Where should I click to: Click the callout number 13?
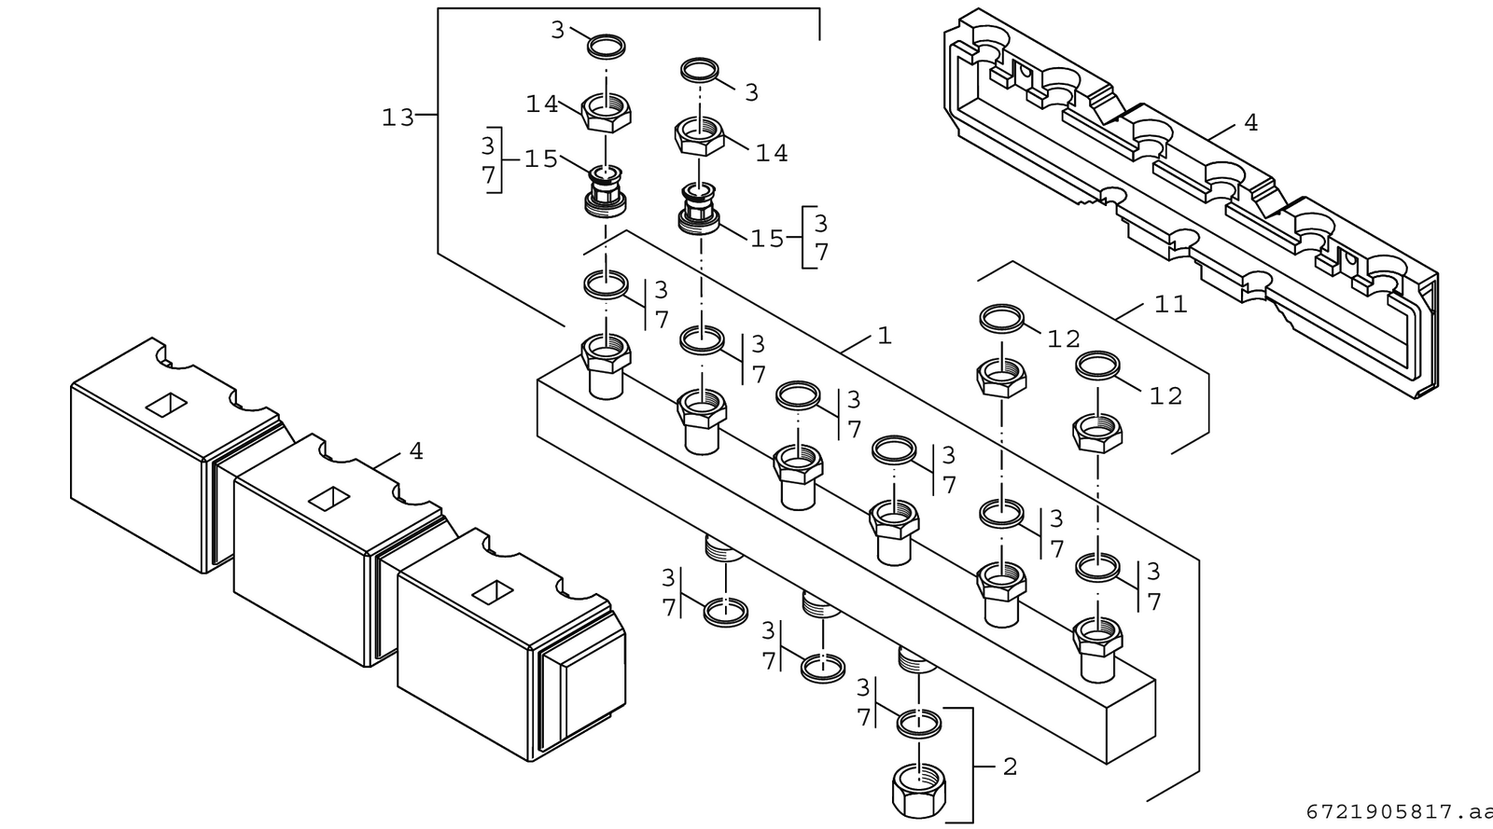(398, 117)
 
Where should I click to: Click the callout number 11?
(1171, 304)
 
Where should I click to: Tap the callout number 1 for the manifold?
(885, 336)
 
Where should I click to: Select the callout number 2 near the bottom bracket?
(1010, 767)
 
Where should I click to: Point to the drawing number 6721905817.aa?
(1399, 812)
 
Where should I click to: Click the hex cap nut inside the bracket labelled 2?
(918, 789)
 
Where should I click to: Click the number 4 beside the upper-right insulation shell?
(1250, 122)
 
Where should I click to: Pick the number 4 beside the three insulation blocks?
(416, 451)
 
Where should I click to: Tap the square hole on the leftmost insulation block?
(167, 405)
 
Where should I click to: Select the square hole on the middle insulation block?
(330, 499)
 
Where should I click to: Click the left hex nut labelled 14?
(606, 113)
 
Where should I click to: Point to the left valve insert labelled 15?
(606, 191)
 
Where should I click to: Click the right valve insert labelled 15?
(699, 208)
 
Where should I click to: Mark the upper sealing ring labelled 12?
(1002, 318)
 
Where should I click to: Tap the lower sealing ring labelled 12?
(1097, 366)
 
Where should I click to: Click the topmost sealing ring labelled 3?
(607, 47)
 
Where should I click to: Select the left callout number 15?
(540, 159)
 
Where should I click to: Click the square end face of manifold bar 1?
(1131, 723)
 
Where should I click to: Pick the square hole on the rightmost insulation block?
(494, 593)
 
